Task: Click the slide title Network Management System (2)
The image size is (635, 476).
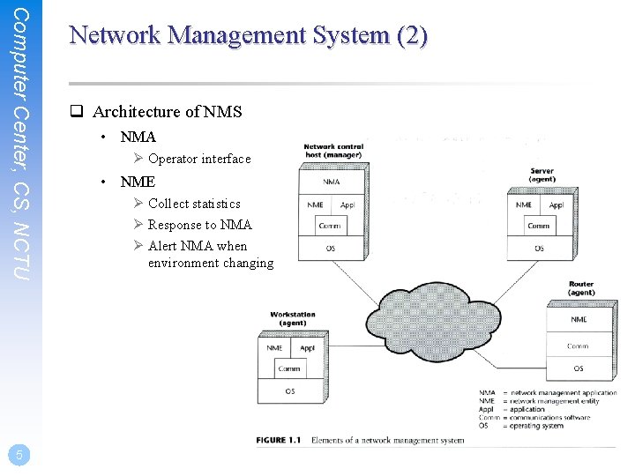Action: pos(248,35)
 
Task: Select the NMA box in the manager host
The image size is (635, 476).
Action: pos(332,182)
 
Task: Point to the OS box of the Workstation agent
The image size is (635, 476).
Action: pos(290,390)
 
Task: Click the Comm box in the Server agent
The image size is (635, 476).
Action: pos(538,226)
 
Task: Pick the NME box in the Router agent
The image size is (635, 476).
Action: pos(579,320)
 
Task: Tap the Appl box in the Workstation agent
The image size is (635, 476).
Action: pos(307,348)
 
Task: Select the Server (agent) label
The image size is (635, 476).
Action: pos(542,175)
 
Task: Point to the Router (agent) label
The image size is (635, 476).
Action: pos(581,288)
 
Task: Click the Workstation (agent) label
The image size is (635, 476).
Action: pos(293,318)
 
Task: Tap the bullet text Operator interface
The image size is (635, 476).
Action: pos(199,159)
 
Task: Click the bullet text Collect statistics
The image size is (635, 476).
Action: pos(194,204)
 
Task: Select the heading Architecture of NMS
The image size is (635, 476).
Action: pos(167,111)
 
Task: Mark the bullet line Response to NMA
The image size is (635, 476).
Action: pos(199,225)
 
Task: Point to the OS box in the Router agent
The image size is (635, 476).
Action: pos(579,368)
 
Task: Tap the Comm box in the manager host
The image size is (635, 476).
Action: pos(330,226)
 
